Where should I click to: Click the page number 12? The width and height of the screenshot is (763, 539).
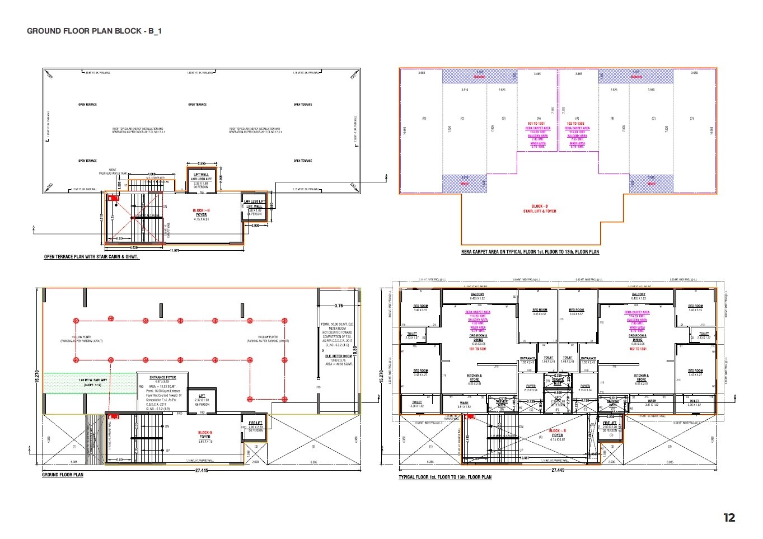[x=729, y=518]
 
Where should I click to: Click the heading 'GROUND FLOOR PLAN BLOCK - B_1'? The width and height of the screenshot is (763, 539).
[x=94, y=31]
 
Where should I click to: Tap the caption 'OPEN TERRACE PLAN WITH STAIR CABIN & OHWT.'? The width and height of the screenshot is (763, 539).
[x=92, y=257]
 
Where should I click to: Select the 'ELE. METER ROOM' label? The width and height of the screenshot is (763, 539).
[x=339, y=356]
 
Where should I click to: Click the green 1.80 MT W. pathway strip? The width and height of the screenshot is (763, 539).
[x=90, y=383]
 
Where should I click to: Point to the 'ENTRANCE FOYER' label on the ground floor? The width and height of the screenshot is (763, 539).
[x=163, y=377]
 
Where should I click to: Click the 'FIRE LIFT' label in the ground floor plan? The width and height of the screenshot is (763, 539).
[x=255, y=423]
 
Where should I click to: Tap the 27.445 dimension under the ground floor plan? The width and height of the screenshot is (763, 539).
[x=202, y=471]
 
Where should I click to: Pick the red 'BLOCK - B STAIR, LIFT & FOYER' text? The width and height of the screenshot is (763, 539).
[x=540, y=209]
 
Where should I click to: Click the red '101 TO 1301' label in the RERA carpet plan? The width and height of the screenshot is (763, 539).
[x=536, y=123]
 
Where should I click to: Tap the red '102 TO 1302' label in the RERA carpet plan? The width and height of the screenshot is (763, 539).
[x=575, y=123]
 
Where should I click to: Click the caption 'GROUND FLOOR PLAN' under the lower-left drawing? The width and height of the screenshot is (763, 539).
[x=63, y=475]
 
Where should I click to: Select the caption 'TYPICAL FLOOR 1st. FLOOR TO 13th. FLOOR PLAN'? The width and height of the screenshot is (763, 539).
[x=445, y=477]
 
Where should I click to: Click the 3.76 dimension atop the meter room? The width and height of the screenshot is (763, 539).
[x=339, y=306]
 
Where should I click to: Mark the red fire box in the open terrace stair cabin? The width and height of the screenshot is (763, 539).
[x=114, y=198]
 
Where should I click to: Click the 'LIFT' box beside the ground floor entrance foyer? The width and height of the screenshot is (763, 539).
[x=202, y=400]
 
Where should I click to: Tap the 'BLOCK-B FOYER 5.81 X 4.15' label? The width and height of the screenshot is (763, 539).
[x=205, y=437]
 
